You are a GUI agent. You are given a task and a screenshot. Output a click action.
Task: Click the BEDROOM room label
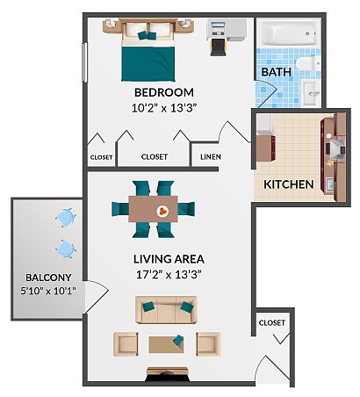click(164, 92)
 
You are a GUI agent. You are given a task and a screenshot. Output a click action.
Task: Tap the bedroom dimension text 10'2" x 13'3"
click(163, 108)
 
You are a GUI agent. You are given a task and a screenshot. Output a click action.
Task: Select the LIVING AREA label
click(169, 259)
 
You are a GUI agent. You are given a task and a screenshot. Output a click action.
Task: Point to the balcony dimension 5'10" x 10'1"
click(48, 291)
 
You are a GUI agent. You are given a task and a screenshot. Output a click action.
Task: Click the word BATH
click(276, 72)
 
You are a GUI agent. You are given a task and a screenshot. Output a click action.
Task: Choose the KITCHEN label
click(289, 184)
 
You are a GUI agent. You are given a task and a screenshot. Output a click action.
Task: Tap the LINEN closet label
click(211, 157)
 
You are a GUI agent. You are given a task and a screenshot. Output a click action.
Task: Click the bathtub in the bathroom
click(288, 32)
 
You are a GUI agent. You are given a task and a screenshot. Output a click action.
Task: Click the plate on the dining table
click(162, 211)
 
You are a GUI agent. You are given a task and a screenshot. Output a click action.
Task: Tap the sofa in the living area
click(166, 310)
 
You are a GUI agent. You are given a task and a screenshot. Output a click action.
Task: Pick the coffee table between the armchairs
click(166, 344)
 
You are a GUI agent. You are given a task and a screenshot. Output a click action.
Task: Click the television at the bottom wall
click(168, 374)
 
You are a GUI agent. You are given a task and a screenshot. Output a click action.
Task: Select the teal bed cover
click(148, 63)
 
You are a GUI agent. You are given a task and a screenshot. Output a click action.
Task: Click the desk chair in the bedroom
click(218, 47)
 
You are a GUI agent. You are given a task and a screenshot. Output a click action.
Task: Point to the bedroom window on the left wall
click(85, 62)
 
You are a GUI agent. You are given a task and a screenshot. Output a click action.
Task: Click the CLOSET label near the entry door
click(272, 322)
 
